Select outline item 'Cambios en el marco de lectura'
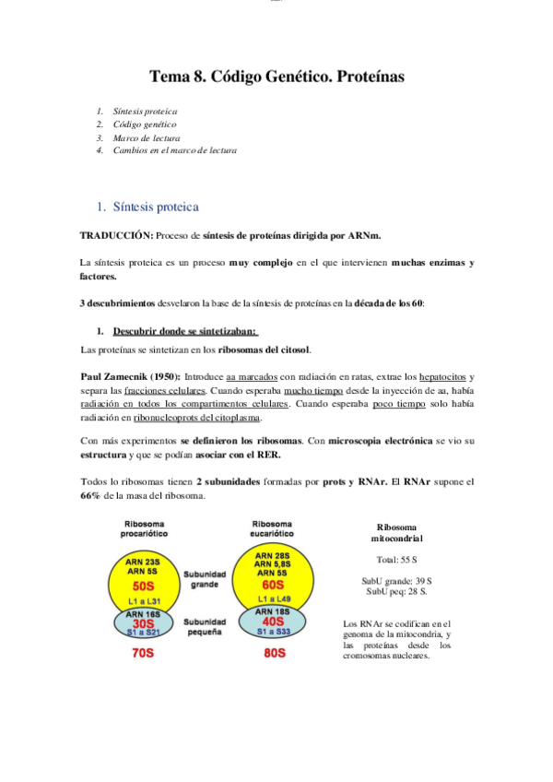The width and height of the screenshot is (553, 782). pyautogui.click(x=174, y=149)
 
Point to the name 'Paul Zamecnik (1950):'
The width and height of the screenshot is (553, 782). pyautogui.click(x=130, y=376)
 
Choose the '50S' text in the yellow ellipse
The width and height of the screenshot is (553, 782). pyautogui.click(x=144, y=585)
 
